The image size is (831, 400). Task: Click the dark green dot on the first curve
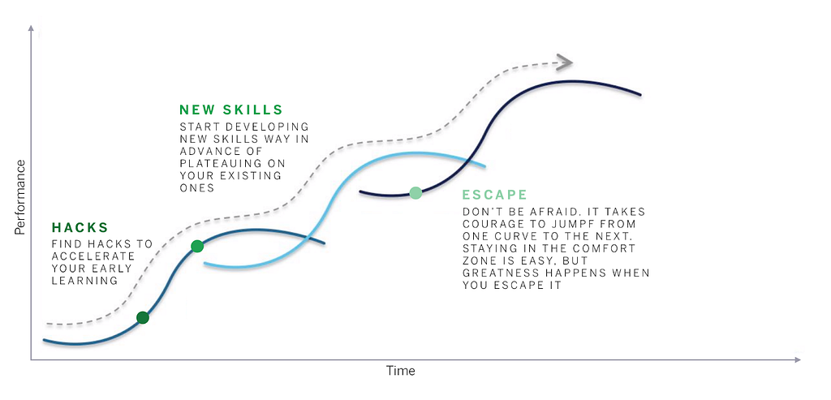(x=143, y=318)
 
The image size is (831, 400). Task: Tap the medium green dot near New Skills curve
(x=197, y=246)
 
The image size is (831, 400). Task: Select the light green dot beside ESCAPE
(x=416, y=193)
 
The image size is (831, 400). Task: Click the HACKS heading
(x=80, y=228)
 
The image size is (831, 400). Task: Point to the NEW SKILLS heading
(x=231, y=110)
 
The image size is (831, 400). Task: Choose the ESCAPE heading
(x=494, y=195)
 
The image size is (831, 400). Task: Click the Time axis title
(x=401, y=371)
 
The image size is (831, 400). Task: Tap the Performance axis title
(x=19, y=197)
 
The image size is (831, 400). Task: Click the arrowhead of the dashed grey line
(x=565, y=62)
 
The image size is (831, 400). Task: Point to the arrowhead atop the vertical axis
(x=32, y=28)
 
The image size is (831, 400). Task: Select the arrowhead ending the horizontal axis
(x=798, y=360)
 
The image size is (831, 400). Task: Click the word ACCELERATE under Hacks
(x=93, y=256)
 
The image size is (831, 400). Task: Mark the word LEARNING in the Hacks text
(x=84, y=281)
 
